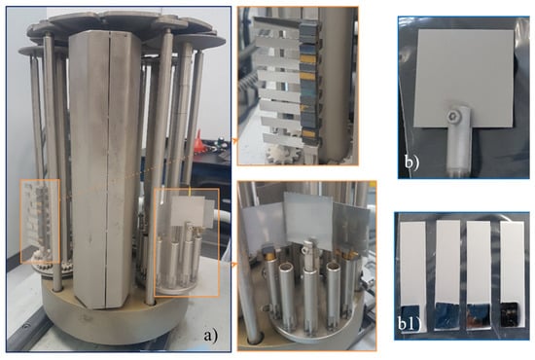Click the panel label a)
210,336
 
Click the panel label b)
411,162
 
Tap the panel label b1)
408,323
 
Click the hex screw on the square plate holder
454,118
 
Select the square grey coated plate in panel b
463,78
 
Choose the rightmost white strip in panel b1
512,262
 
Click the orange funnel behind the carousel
199,142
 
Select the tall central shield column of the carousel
104,169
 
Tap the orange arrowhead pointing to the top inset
234,139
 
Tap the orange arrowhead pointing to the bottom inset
234,265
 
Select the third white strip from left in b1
479,262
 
